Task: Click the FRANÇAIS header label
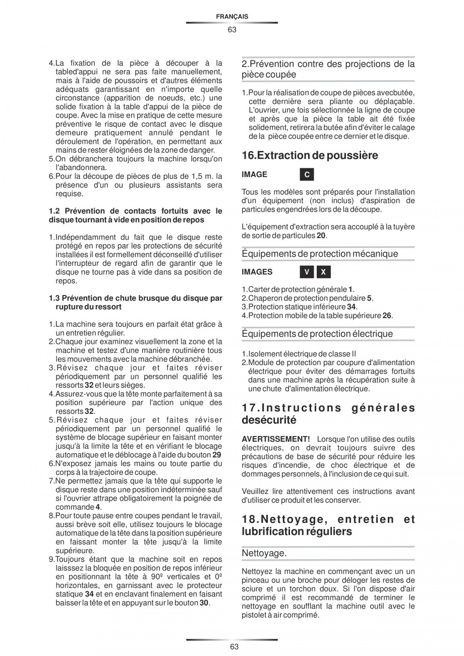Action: tap(231, 17)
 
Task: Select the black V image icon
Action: tap(306, 272)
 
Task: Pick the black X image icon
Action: tap(323, 272)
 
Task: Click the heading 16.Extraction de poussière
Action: tap(310, 155)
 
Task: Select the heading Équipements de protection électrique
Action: tap(317, 333)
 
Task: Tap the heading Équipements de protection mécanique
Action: tap(320, 253)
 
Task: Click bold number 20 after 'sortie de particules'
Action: tap(321, 235)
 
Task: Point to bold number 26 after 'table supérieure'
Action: tap(387, 316)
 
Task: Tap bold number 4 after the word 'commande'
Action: tap(98, 507)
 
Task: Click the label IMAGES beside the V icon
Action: tap(257, 272)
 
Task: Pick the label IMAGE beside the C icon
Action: tap(254, 174)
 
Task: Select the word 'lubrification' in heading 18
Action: tap(271, 531)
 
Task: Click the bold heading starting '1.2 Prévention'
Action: tap(135, 215)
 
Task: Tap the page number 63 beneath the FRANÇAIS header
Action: tap(231, 29)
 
